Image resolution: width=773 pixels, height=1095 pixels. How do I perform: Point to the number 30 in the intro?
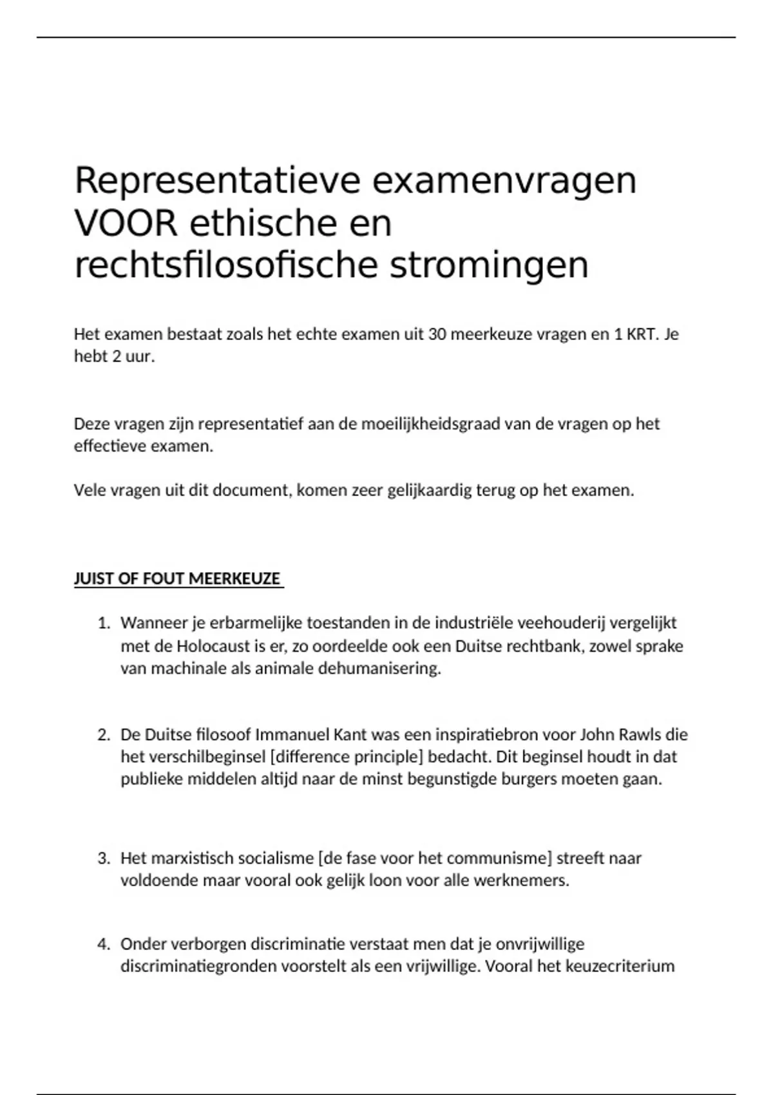436,334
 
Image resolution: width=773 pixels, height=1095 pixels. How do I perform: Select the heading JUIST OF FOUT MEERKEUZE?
178,578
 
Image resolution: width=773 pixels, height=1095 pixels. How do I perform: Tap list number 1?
104,624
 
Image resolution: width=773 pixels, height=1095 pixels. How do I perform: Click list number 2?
104,735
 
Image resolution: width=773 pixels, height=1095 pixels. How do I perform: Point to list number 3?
104,858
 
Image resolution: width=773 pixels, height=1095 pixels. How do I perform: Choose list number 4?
104,944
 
